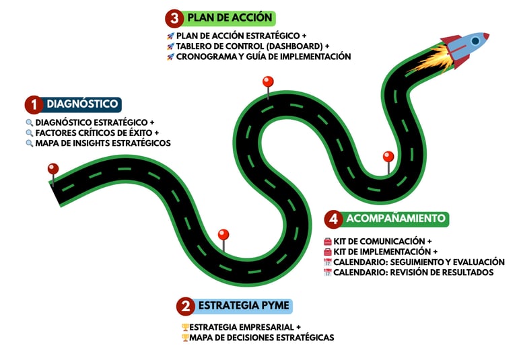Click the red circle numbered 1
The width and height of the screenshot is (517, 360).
tap(34, 104)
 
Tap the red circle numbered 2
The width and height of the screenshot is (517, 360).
tap(185, 307)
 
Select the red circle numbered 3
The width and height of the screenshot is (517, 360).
tap(174, 17)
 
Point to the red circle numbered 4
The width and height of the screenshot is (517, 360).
tap(333, 219)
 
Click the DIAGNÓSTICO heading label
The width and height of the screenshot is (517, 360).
tap(83, 104)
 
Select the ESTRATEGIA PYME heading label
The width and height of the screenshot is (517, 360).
tap(244, 306)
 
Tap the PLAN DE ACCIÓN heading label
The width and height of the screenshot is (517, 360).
tap(230, 17)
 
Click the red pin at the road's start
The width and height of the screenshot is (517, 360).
tap(53, 169)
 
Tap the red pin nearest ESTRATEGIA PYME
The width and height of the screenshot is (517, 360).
tap(223, 235)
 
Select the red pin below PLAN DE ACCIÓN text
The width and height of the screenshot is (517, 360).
tap(268, 82)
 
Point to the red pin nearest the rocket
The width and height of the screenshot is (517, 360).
tap(388, 157)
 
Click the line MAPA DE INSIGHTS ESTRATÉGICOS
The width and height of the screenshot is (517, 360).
tap(102, 143)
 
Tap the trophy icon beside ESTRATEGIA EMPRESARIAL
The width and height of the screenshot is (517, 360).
tap(185, 327)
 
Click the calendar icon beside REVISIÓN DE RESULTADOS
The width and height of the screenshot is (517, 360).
tap(328, 273)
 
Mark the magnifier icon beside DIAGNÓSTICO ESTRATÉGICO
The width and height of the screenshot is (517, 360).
tap(30, 122)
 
